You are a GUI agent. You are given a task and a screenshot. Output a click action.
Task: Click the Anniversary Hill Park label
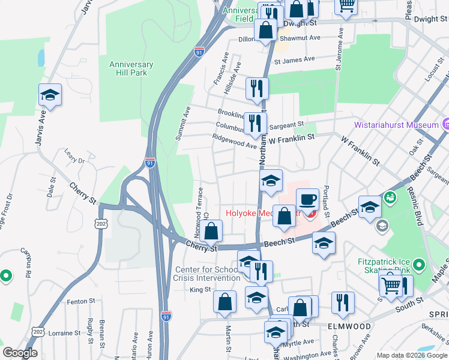[x=131, y=68]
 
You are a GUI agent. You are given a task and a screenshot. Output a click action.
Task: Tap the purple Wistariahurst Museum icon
[x=445, y=125]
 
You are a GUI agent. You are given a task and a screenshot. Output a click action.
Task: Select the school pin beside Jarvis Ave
[x=50, y=95]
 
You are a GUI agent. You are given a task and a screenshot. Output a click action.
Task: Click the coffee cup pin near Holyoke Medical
[x=307, y=199]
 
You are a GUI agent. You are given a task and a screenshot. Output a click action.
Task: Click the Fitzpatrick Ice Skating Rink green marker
[x=420, y=264]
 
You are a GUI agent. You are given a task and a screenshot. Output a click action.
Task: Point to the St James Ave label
[x=295, y=60]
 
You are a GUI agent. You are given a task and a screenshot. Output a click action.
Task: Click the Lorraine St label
[x=64, y=332]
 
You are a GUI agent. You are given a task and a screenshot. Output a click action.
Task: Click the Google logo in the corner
[x=20, y=353]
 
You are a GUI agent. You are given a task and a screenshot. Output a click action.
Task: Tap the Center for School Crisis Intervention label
[x=206, y=274]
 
